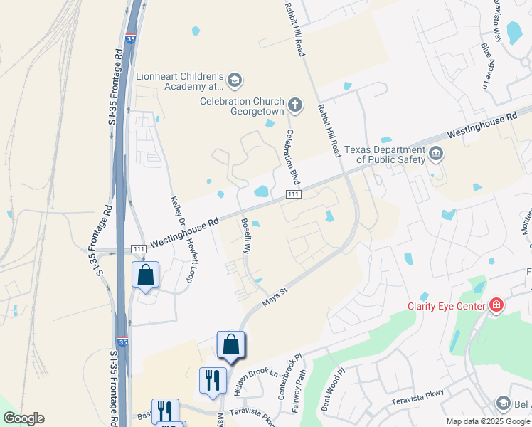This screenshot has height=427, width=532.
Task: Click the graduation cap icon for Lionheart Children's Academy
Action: click(x=235, y=82)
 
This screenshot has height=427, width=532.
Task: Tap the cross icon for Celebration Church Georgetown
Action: click(x=296, y=107)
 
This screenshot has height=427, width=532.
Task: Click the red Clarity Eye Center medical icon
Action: click(x=496, y=306)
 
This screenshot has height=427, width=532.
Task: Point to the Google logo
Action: click(x=23, y=418)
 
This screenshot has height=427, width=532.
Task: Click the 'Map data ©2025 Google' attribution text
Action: click(x=489, y=421)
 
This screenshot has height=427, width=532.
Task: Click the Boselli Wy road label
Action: click(x=246, y=238)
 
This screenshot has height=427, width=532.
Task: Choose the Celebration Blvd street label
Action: click(x=292, y=156)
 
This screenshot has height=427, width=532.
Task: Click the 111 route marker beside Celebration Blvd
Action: click(x=292, y=194)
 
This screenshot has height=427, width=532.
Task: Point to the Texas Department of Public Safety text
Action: click(x=385, y=154)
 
